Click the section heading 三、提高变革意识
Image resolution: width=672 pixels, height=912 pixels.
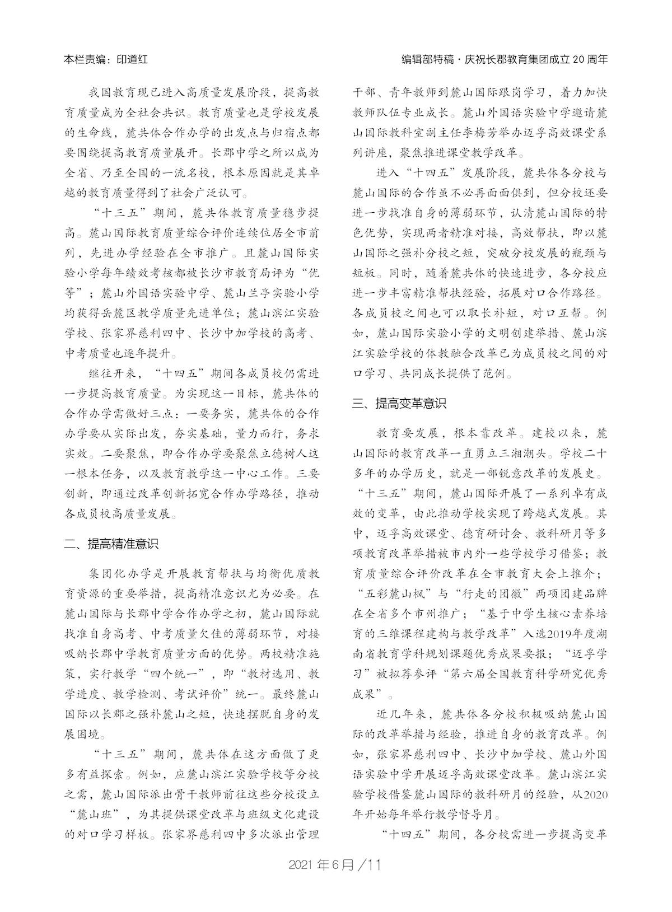coord(399,403)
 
